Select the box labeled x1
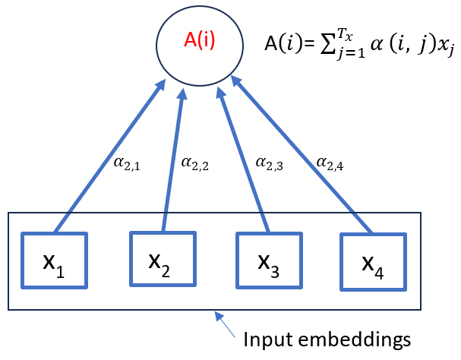(54, 261)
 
